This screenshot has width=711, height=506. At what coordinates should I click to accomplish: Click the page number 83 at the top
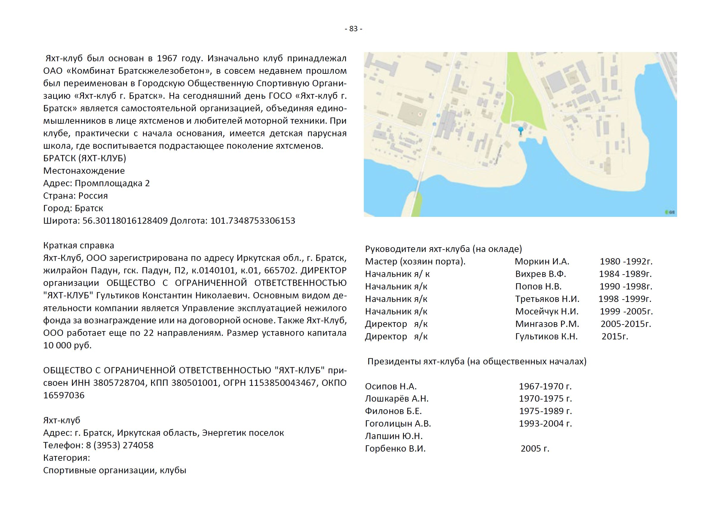pos(353,29)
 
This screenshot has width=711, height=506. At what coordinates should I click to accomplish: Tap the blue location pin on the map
pos(520,130)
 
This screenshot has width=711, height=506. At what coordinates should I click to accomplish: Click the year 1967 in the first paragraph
pos(167,58)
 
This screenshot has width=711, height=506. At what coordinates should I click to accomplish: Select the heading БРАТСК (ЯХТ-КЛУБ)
pos(84,158)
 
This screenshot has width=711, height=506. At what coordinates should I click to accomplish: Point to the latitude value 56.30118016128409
pos(125,221)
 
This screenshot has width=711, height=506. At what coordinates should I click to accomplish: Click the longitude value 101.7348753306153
pos(253,221)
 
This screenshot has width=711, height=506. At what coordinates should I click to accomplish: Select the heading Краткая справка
pos(79,245)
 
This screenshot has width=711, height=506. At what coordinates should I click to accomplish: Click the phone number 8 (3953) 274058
pos(120,445)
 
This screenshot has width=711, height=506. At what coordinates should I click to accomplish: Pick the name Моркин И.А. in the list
pos(542,261)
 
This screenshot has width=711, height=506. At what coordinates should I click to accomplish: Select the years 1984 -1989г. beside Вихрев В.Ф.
pos(625,274)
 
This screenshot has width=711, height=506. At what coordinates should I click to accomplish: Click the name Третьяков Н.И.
pos(547,299)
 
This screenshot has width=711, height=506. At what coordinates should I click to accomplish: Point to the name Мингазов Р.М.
pos(547,324)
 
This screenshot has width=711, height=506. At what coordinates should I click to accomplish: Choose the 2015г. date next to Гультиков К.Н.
pos(615,336)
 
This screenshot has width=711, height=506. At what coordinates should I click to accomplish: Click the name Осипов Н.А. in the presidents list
pos(391,386)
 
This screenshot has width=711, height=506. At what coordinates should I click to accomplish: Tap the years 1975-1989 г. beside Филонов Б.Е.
pos(545,411)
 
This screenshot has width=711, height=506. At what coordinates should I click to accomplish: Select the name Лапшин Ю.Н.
pos(394,436)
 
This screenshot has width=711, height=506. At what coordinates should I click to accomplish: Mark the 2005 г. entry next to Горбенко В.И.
pos(535,448)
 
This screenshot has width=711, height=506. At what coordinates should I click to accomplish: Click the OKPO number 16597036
pos(64,395)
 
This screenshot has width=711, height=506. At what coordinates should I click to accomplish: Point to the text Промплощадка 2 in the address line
pos(112,183)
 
